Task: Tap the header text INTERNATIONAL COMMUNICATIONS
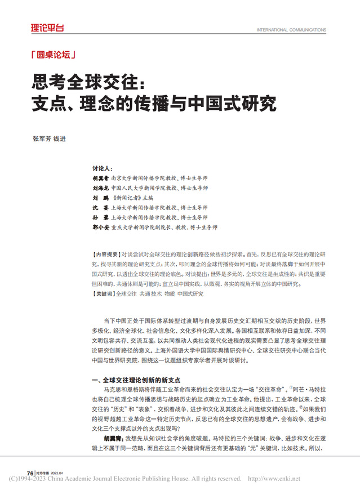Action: click(291, 30)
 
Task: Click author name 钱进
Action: click(60, 140)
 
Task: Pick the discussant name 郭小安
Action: click(101, 228)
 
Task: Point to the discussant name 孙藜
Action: click(101, 217)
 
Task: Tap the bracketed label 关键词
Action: click(103, 293)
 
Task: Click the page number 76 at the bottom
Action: click(30, 471)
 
